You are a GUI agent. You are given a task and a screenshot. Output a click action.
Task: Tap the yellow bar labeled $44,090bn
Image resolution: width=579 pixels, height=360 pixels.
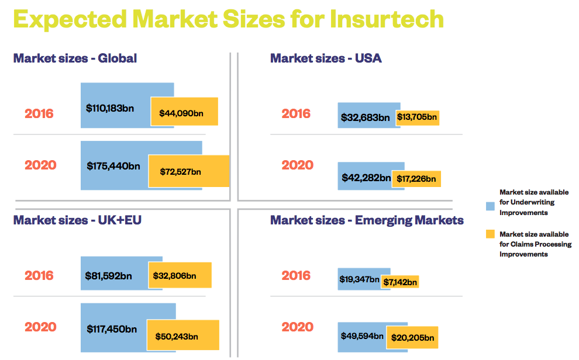click(x=184, y=112)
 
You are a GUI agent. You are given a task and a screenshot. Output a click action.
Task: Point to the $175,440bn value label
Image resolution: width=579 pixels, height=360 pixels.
click(x=113, y=166)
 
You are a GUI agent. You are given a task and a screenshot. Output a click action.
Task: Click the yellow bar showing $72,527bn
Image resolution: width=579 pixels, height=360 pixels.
click(x=188, y=171)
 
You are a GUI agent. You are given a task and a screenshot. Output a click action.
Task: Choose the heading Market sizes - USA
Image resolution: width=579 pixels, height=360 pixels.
click(x=326, y=58)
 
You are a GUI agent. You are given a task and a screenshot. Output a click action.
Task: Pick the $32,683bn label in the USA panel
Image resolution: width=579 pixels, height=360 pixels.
click(x=365, y=117)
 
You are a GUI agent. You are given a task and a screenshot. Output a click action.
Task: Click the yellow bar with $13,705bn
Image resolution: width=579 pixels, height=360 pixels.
click(x=417, y=117)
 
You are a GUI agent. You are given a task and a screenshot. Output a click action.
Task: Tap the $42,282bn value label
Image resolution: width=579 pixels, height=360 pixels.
click(x=366, y=178)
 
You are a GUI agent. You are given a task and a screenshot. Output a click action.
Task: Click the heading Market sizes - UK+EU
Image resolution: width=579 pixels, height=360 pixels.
click(x=77, y=220)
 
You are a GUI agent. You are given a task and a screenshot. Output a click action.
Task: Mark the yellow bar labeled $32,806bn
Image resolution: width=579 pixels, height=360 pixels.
click(x=180, y=275)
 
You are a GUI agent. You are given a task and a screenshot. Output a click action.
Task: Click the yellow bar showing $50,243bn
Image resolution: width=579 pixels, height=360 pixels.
click(x=182, y=336)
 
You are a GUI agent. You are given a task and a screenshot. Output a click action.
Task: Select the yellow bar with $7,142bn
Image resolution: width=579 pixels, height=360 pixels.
click(x=400, y=282)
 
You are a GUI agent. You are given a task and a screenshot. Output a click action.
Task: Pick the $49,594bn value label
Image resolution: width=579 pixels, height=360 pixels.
click(x=362, y=336)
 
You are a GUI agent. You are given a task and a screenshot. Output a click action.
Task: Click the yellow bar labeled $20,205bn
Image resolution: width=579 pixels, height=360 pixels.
click(x=412, y=337)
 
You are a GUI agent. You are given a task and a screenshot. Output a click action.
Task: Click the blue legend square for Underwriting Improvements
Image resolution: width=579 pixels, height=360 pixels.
click(x=490, y=206)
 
